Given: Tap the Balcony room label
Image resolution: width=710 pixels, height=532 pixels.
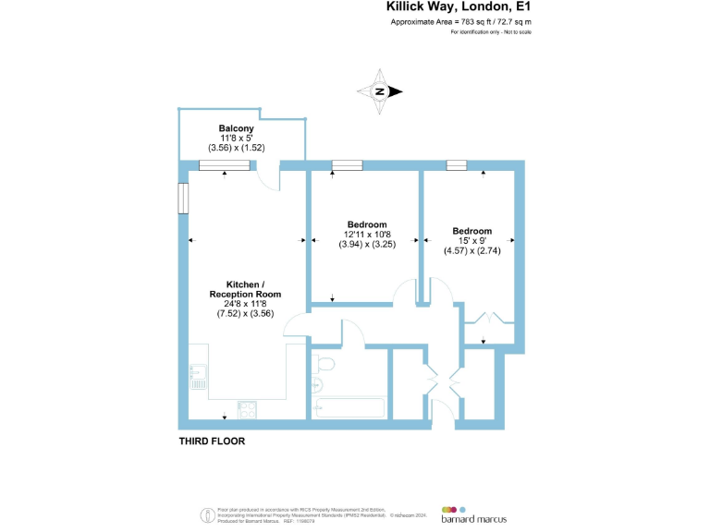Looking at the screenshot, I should coord(236,127).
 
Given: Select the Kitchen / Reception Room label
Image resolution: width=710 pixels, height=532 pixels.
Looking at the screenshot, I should coord(245,289).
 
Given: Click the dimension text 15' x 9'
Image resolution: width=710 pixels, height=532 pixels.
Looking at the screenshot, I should coord(471,241).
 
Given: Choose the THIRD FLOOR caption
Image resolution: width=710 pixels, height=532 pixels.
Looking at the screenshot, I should coord(212,441).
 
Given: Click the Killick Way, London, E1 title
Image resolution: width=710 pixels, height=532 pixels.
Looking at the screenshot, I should coord(458,7).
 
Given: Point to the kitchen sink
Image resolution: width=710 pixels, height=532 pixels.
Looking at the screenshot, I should coord(196,378).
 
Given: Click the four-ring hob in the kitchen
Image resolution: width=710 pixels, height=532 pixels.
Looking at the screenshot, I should coord(247,407).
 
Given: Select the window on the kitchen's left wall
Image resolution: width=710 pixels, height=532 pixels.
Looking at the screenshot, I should coord(184,198).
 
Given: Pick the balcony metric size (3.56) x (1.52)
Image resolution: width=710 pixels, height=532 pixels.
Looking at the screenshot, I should coord(236,148).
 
